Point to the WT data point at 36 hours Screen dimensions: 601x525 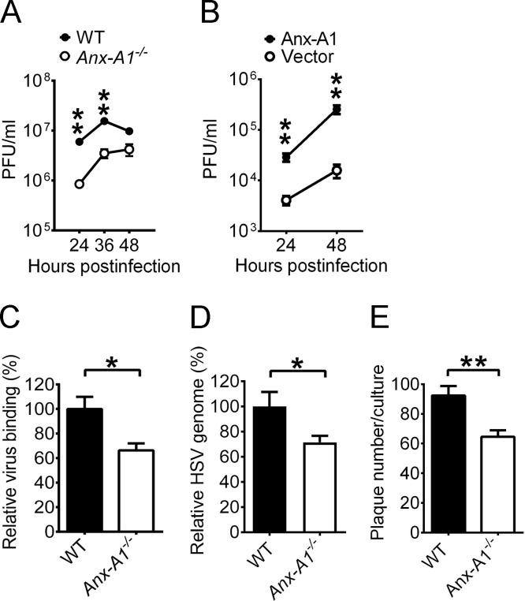[x=104, y=121]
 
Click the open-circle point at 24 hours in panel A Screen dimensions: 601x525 [x=79, y=184]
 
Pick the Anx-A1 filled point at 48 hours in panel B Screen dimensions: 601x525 [x=337, y=110]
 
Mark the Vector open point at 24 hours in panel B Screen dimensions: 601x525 [x=286, y=200]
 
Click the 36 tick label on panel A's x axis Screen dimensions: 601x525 [x=104, y=245]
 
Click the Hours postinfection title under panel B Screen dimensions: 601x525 [x=311, y=265]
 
